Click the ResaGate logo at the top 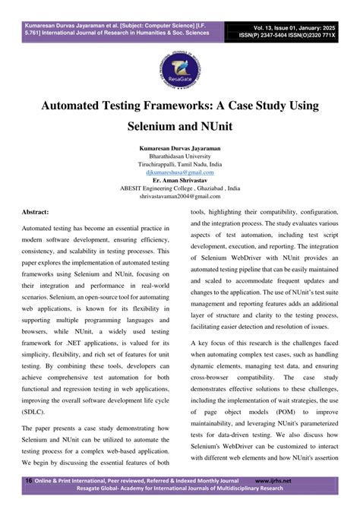click(179, 62)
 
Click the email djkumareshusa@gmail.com click(179, 173)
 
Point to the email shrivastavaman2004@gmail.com click(179, 199)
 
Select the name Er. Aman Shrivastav click(179, 182)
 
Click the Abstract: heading click(38, 214)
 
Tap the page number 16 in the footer click(28, 481)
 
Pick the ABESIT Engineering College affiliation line click(179, 191)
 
